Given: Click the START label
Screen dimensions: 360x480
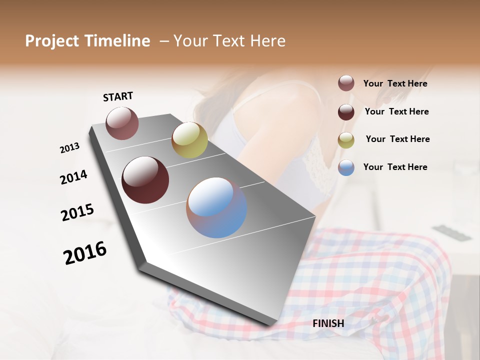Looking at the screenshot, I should [x=118, y=96].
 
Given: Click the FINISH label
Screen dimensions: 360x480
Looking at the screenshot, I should [x=328, y=323].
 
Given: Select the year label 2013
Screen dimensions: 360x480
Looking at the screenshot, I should [x=69, y=148].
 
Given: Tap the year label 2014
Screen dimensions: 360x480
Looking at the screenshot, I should [x=73, y=177].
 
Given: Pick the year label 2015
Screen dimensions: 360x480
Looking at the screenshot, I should [x=77, y=212].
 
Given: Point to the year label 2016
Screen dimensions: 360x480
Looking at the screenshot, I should [x=85, y=253].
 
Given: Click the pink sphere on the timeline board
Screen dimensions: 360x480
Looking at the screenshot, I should [x=122, y=123].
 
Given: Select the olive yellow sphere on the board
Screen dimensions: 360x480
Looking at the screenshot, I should [x=189, y=140].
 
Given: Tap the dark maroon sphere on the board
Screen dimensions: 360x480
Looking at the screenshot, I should [x=145, y=180].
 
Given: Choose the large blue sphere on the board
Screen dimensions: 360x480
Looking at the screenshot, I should [x=216, y=207].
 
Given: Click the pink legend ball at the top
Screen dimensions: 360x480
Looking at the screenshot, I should [x=346, y=83].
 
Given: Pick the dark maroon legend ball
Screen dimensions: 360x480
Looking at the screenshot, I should [x=346, y=112].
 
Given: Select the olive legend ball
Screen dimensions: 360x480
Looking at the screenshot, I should [x=346, y=140].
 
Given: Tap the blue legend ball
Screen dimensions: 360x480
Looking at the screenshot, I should [x=346, y=167].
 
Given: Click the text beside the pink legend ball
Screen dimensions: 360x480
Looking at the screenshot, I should [x=395, y=84].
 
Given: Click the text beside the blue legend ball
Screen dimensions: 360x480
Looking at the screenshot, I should [x=395, y=167].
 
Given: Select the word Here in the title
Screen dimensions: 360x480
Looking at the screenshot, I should [x=267, y=41].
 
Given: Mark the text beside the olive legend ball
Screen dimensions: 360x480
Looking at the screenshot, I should [x=397, y=139].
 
